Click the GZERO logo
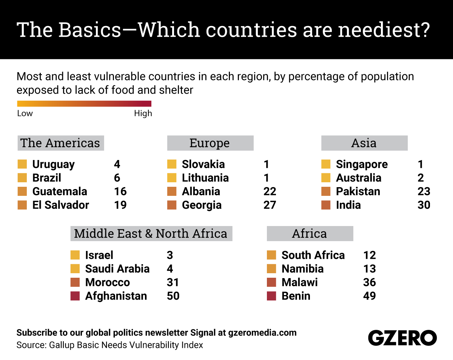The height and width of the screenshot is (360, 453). (402, 338)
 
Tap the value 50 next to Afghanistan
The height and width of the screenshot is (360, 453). (173, 296)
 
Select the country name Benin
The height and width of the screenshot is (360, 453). (296, 296)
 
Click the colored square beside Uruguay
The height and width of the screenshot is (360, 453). (22, 165)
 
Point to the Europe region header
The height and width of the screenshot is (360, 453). (210, 143)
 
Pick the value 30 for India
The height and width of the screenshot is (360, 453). (424, 205)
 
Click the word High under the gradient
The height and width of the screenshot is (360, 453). (143, 114)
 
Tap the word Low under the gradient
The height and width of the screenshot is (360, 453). (25, 114)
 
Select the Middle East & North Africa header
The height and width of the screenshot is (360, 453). (151, 234)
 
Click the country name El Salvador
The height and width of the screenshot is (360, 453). (61, 205)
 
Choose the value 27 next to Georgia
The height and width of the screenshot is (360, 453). (270, 205)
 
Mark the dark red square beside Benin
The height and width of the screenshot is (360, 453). (271, 296)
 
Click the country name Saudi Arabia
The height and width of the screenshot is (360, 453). (117, 269)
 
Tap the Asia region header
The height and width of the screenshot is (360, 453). (364, 143)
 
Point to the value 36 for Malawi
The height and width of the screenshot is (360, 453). (369, 282)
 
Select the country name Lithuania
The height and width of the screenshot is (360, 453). (205, 178)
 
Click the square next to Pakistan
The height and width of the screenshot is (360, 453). (326, 192)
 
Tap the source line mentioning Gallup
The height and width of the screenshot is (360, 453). (110, 345)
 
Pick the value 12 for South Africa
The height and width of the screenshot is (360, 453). (369, 255)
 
